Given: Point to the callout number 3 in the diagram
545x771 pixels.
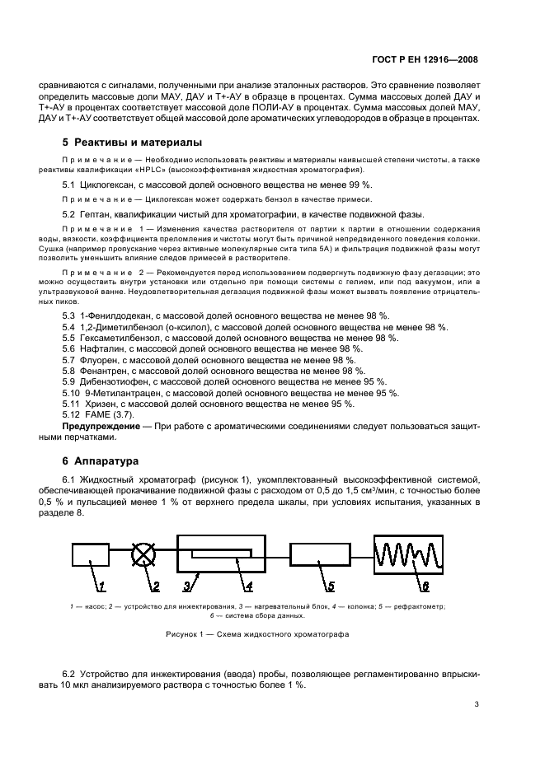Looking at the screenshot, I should [186, 586].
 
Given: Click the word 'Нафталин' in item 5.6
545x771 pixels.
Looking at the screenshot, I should [103, 348].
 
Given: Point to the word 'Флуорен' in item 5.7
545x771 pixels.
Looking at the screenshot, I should [101, 360].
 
